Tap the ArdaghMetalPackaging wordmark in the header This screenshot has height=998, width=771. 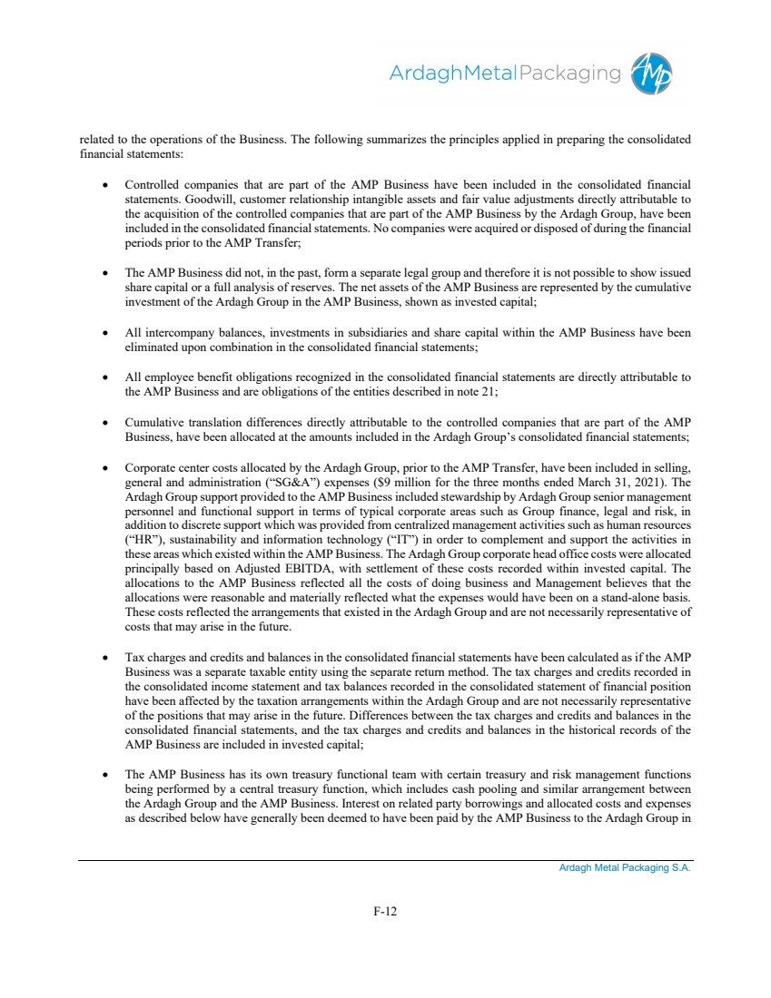(x=504, y=73)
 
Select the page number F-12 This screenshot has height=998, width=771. (x=385, y=911)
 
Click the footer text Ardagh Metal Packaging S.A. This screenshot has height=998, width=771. (x=625, y=868)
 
